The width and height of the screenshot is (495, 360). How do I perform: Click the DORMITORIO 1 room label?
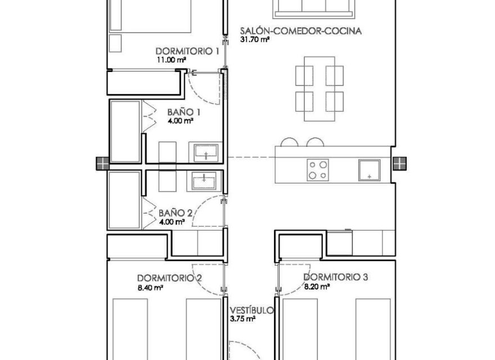187,51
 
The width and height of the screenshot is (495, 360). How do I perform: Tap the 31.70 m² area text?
255,40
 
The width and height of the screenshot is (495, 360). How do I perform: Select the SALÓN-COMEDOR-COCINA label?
300,31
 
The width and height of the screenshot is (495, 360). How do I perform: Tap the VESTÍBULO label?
251,310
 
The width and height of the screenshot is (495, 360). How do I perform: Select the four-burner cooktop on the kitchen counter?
318,170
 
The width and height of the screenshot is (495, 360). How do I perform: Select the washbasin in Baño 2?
206,181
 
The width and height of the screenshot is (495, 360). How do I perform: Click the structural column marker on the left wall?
102,164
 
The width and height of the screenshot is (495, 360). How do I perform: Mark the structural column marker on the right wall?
399,164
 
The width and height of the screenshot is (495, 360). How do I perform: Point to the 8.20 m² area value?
317,286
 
